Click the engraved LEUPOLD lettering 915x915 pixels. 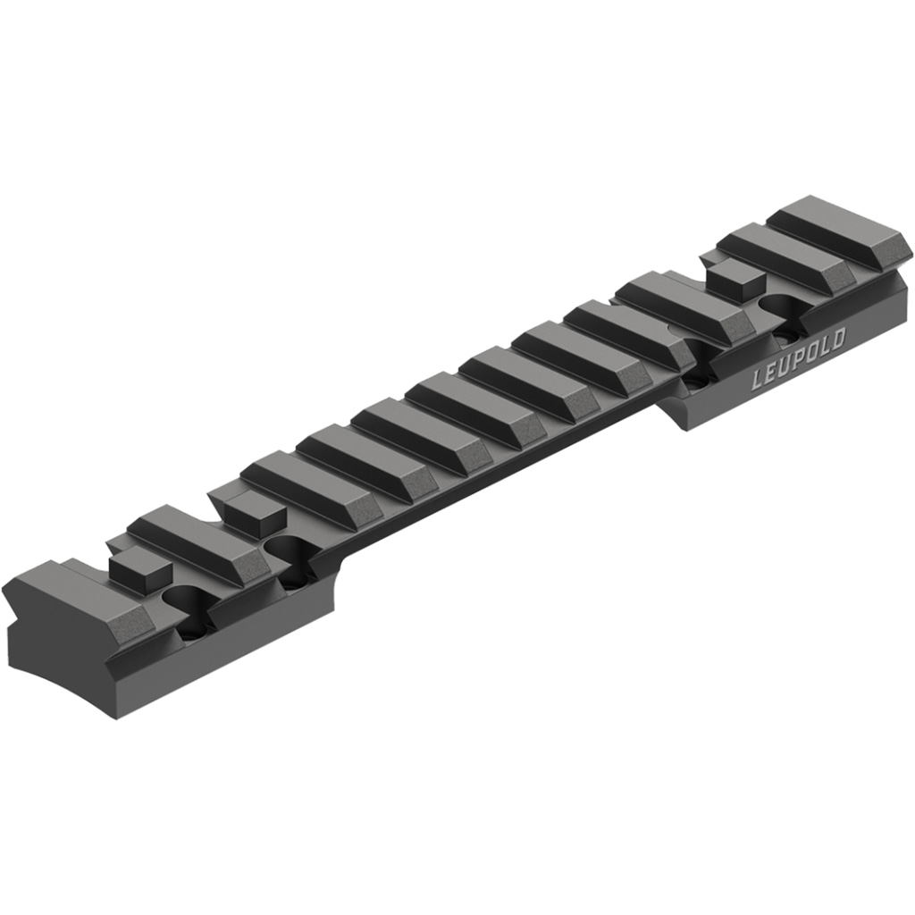(797, 358)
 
